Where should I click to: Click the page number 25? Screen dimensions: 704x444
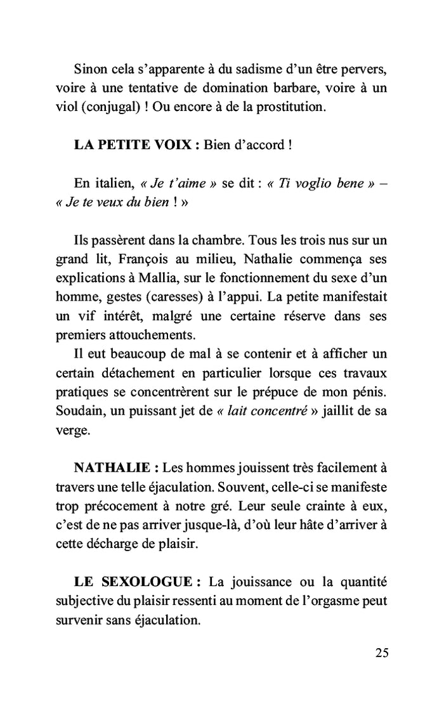(381, 653)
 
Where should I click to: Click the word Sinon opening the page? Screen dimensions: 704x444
(89, 68)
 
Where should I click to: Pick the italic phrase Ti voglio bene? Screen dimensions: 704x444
(319, 184)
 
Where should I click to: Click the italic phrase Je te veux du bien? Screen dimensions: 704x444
(110, 204)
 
